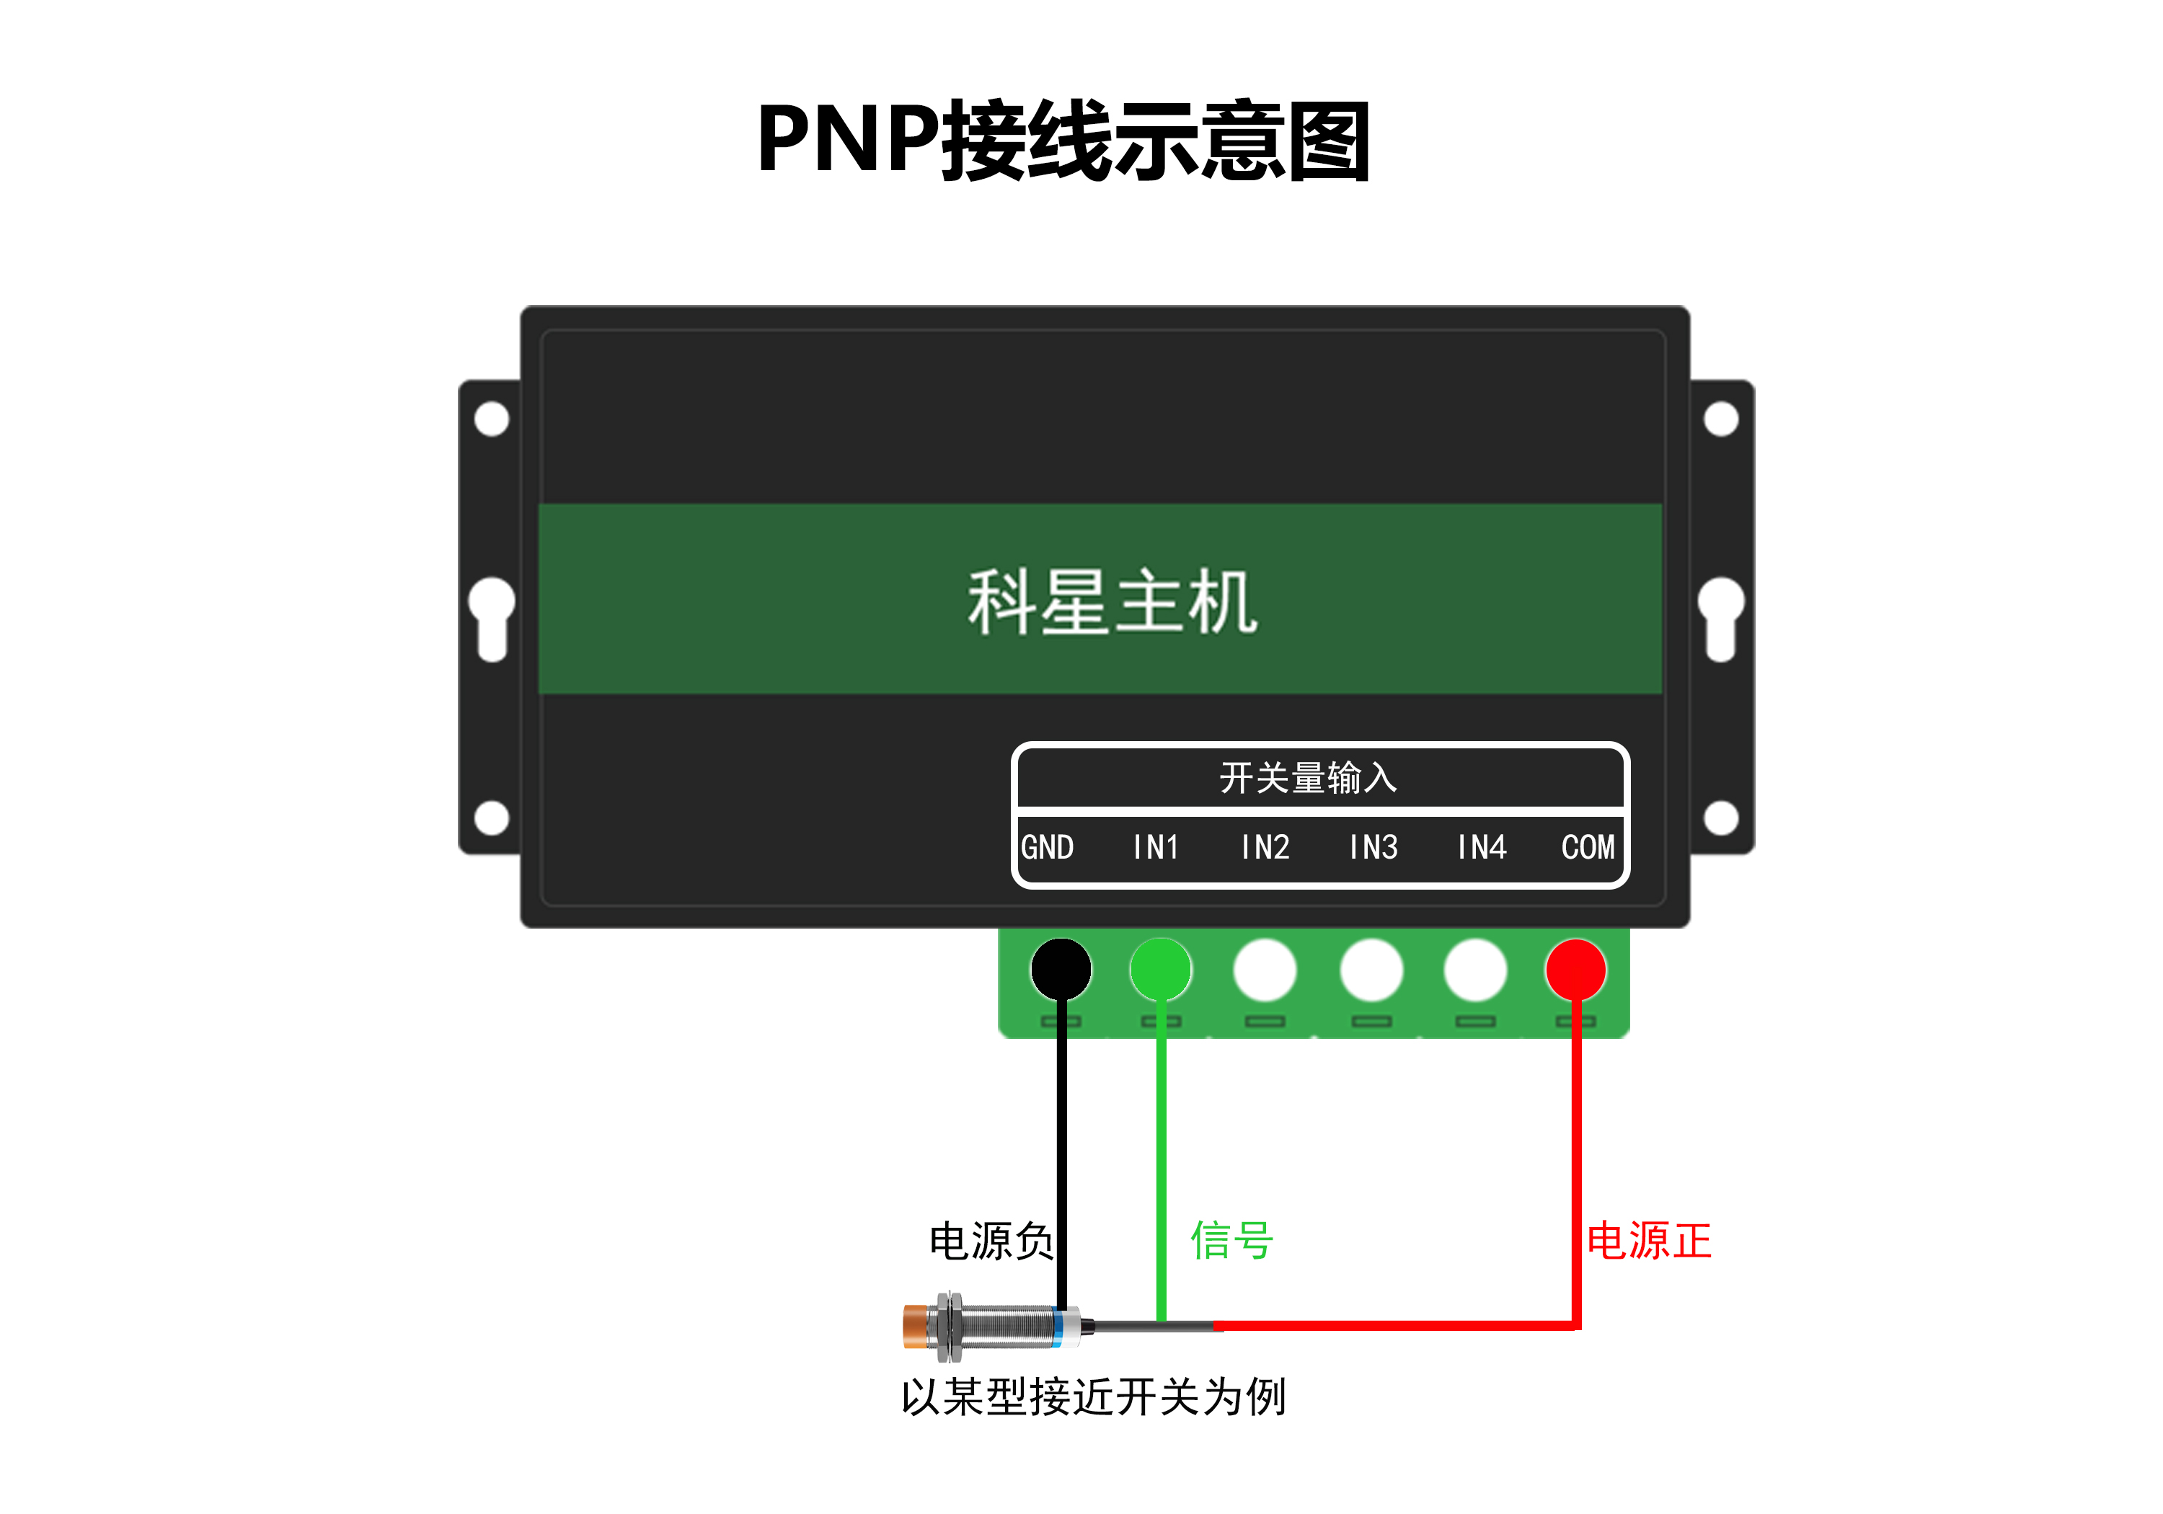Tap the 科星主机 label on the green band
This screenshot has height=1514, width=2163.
click(x=1112, y=602)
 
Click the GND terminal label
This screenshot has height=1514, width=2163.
click(x=1047, y=847)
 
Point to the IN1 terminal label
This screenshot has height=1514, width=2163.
click(x=1156, y=847)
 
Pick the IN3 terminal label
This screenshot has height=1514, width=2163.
click(x=1373, y=847)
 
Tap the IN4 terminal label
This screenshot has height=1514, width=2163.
click(x=1481, y=847)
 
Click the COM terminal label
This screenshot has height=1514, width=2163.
click(x=1588, y=847)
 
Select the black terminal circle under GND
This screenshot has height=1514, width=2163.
click(x=1061, y=970)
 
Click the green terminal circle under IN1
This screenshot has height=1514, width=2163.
click(x=1161, y=970)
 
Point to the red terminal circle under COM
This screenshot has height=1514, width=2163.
click(x=1575, y=970)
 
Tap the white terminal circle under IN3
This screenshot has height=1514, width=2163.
click(x=1371, y=970)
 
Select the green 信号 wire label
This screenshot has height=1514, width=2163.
click(x=1231, y=1240)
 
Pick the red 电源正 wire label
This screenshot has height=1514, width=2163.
click(x=1649, y=1241)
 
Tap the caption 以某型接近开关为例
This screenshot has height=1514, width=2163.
click(x=1093, y=1396)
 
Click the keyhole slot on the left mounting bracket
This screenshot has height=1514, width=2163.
click(x=492, y=617)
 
